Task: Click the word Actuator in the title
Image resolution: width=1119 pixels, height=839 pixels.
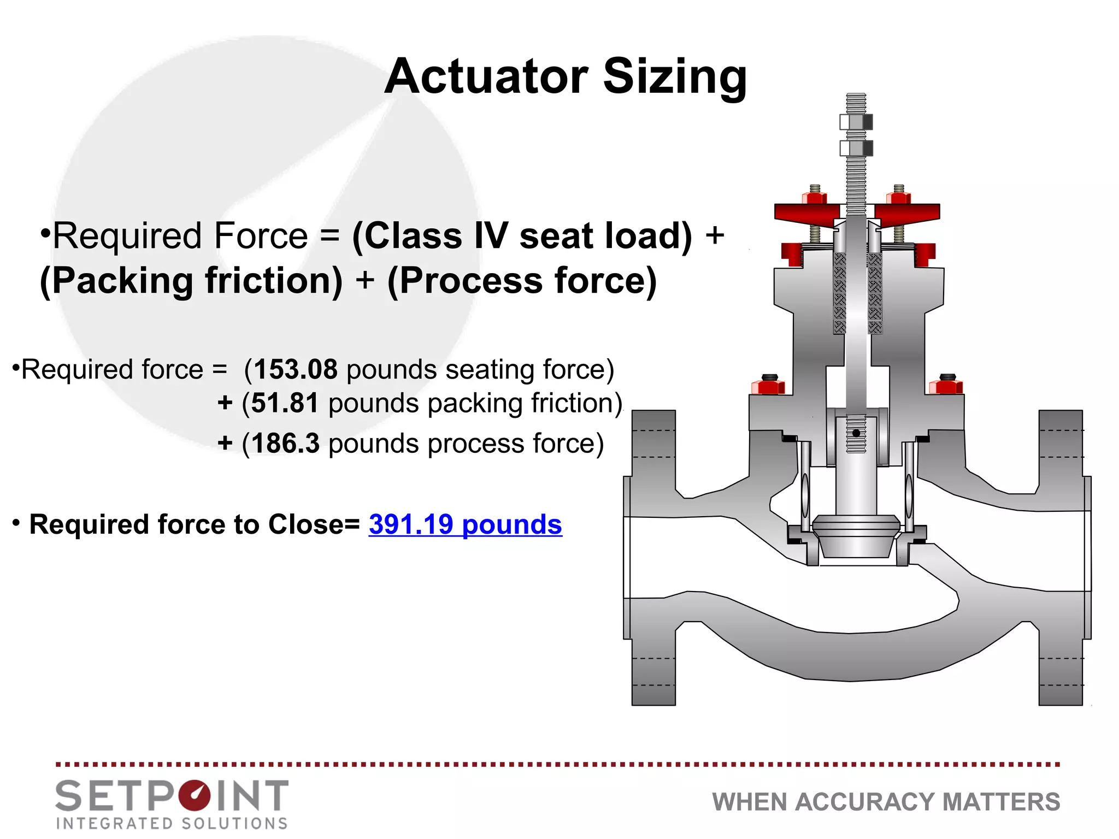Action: pyautogui.click(x=486, y=76)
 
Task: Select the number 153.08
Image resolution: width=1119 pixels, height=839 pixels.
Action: pyautogui.click(x=296, y=370)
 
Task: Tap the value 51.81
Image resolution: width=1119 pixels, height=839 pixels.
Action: pyautogui.click(x=285, y=404)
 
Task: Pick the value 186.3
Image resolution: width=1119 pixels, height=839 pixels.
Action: pyautogui.click(x=285, y=444)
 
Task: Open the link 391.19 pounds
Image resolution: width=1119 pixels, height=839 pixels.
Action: pyautogui.click(x=465, y=525)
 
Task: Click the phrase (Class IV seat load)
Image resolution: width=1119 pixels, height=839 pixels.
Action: pyautogui.click(x=522, y=236)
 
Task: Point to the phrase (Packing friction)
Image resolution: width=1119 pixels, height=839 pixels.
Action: pyautogui.click(x=191, y=281)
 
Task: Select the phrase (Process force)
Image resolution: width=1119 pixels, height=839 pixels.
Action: pyautogui.click(x=522, y=281)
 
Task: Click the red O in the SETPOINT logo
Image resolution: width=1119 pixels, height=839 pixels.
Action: pyautogui.click(x=194, y=796)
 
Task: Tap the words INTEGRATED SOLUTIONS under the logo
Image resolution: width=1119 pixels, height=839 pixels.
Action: pyautogui.click(x=172, y=823)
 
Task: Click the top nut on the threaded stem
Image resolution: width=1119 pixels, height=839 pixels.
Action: pyautogui.click(x=856, y=122)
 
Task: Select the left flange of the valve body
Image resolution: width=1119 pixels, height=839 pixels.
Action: pyautogui.click(x=653, y=557)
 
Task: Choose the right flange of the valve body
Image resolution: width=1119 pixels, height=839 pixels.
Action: pyautogui.click(x=1061, y=557)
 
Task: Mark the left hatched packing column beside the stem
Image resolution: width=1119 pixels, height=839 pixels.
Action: pyautogui.click(x=840, y=293)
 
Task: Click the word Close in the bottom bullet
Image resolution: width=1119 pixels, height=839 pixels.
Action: pyautogui.click(x=306, y=525)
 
